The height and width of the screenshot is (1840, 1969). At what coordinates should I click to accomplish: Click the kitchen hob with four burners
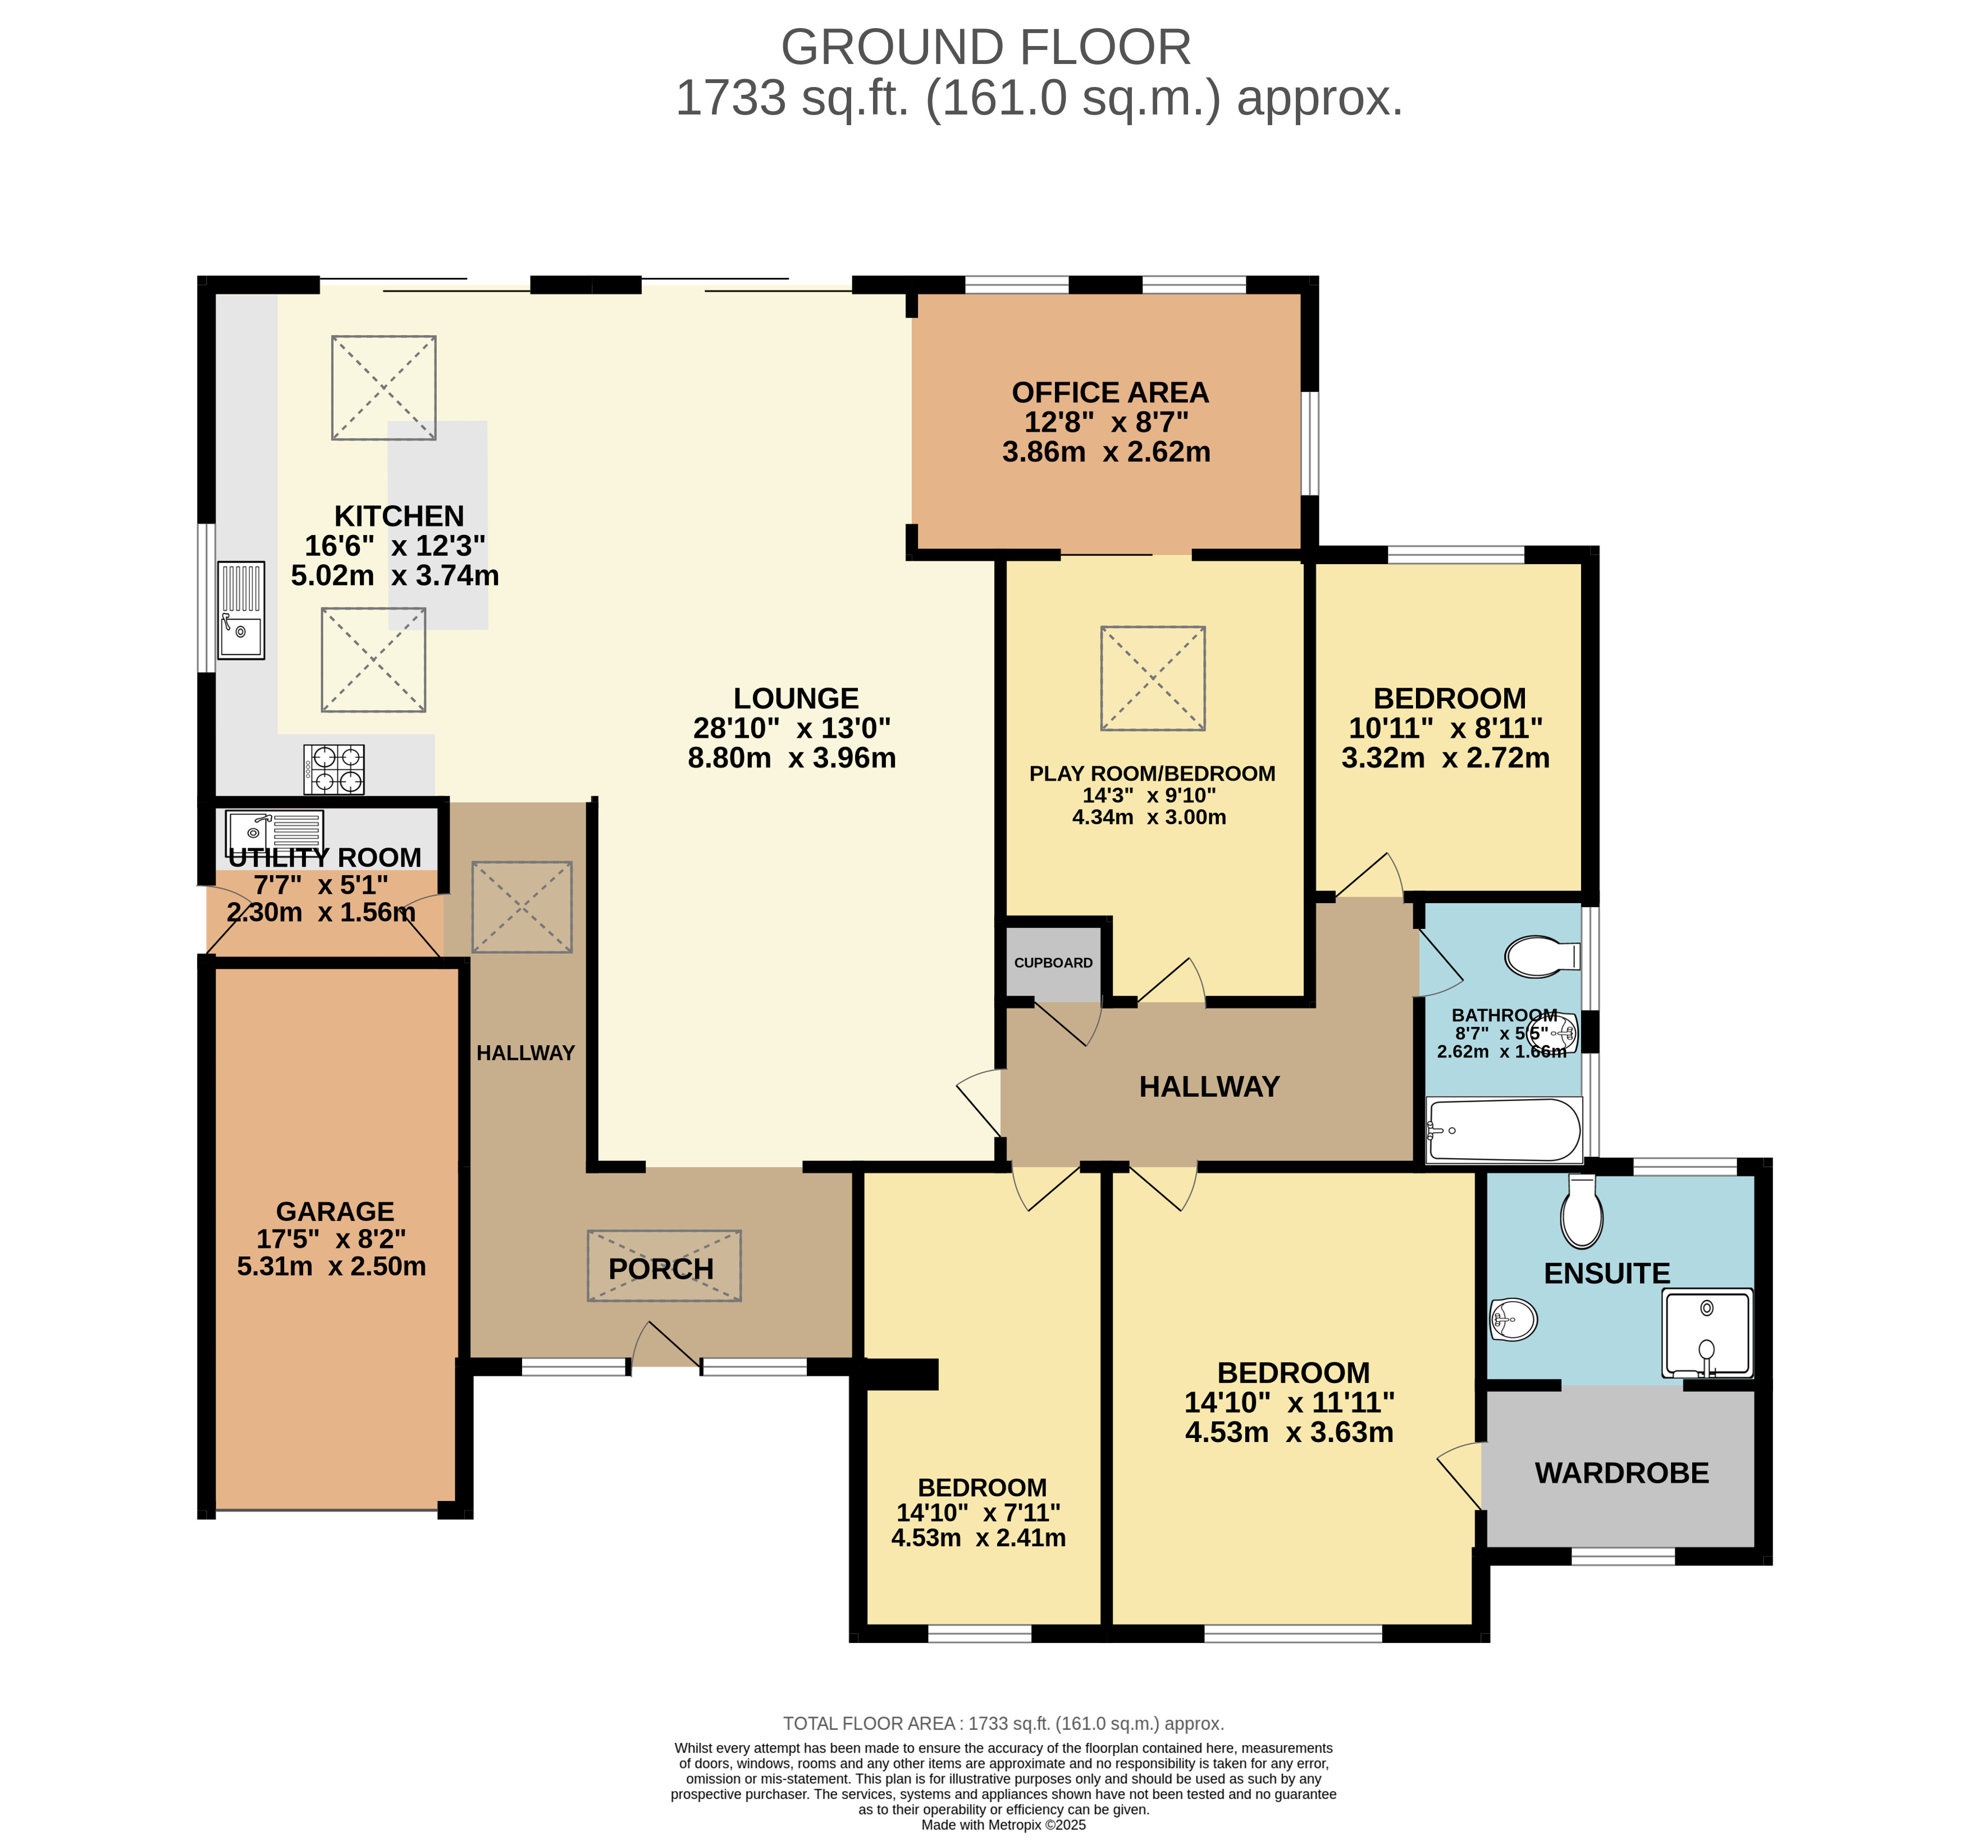(334, 770)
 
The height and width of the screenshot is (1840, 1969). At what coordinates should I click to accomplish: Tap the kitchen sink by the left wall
(241, 610)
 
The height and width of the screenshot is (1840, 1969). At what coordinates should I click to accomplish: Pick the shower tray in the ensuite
(1707, 1333)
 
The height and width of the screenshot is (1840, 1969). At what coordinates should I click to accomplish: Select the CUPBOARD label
(1053, 963)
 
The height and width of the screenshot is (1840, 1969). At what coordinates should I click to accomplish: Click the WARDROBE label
(1621, 1472)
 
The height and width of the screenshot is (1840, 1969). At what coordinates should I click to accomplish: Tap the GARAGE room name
(335, 1211)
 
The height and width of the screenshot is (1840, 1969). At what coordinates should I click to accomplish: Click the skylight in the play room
(1153, 679)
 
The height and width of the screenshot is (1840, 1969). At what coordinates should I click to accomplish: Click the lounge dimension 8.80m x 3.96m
(792, 758)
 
